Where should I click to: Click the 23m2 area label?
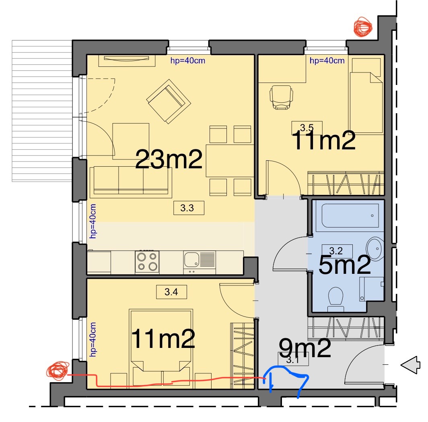(169, 159)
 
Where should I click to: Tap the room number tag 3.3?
(189, 208)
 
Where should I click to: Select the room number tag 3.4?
(171, 292)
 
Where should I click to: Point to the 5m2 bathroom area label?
(344, 265)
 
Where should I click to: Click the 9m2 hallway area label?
(305, 348)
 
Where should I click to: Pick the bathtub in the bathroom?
(350, 216)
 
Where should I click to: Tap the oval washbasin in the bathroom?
(375, 249)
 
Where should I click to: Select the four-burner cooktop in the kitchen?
(147, 262)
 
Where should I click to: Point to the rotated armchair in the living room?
(169, 101)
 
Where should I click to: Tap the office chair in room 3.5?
(281, 97)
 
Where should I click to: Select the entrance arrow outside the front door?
(410, 364)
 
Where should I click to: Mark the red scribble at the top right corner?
(363, 27)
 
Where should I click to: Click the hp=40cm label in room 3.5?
(327, 60)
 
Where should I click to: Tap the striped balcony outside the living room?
(42, 111)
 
